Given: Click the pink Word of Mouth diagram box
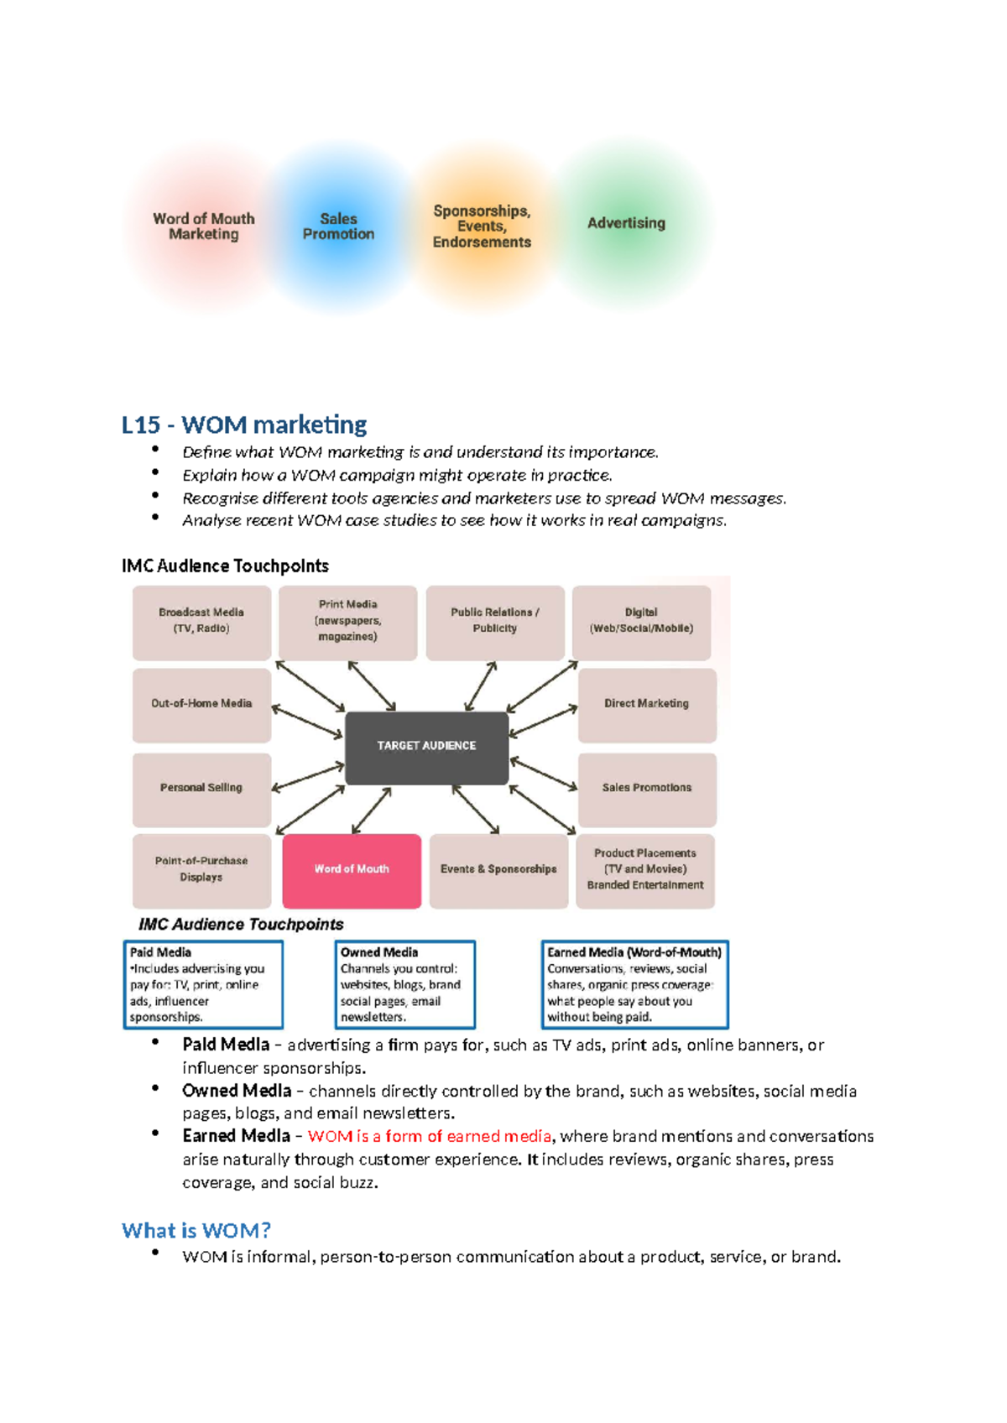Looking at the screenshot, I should pos(352,870).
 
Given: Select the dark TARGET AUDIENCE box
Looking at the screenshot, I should pos(426,747).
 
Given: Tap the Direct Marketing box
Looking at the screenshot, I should pos(646,705).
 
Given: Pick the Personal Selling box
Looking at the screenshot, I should pos(201,789).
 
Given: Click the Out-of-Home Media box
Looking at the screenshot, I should pos(201,705).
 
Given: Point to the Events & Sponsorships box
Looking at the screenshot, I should pos(498,870).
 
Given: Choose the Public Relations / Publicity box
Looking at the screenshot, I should pos(495,622).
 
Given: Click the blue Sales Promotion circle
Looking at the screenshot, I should pos(338,227).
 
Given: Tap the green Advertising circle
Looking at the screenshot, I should pos(626,223).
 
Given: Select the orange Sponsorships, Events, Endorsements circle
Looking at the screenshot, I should pos(482,227).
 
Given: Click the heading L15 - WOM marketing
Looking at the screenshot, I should pos(244,425).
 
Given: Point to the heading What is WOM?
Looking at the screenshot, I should pos(196,1231).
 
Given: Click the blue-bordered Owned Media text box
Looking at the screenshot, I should pos(404,985).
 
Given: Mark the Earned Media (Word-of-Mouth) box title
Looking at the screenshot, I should pos(634,952).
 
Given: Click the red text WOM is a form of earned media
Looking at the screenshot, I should pos(429,1137).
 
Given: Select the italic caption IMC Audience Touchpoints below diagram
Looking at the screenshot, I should pos(241,925).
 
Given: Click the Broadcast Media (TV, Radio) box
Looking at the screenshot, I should pos(201,622).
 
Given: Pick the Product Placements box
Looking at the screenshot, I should pos(644,870).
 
